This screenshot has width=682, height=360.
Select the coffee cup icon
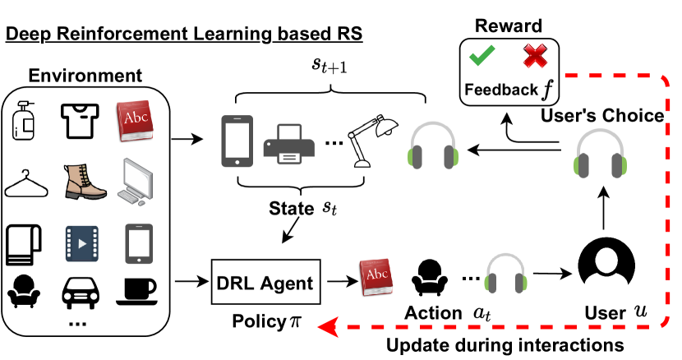[137, 288]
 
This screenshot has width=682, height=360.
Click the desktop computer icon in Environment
[136, 181]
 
